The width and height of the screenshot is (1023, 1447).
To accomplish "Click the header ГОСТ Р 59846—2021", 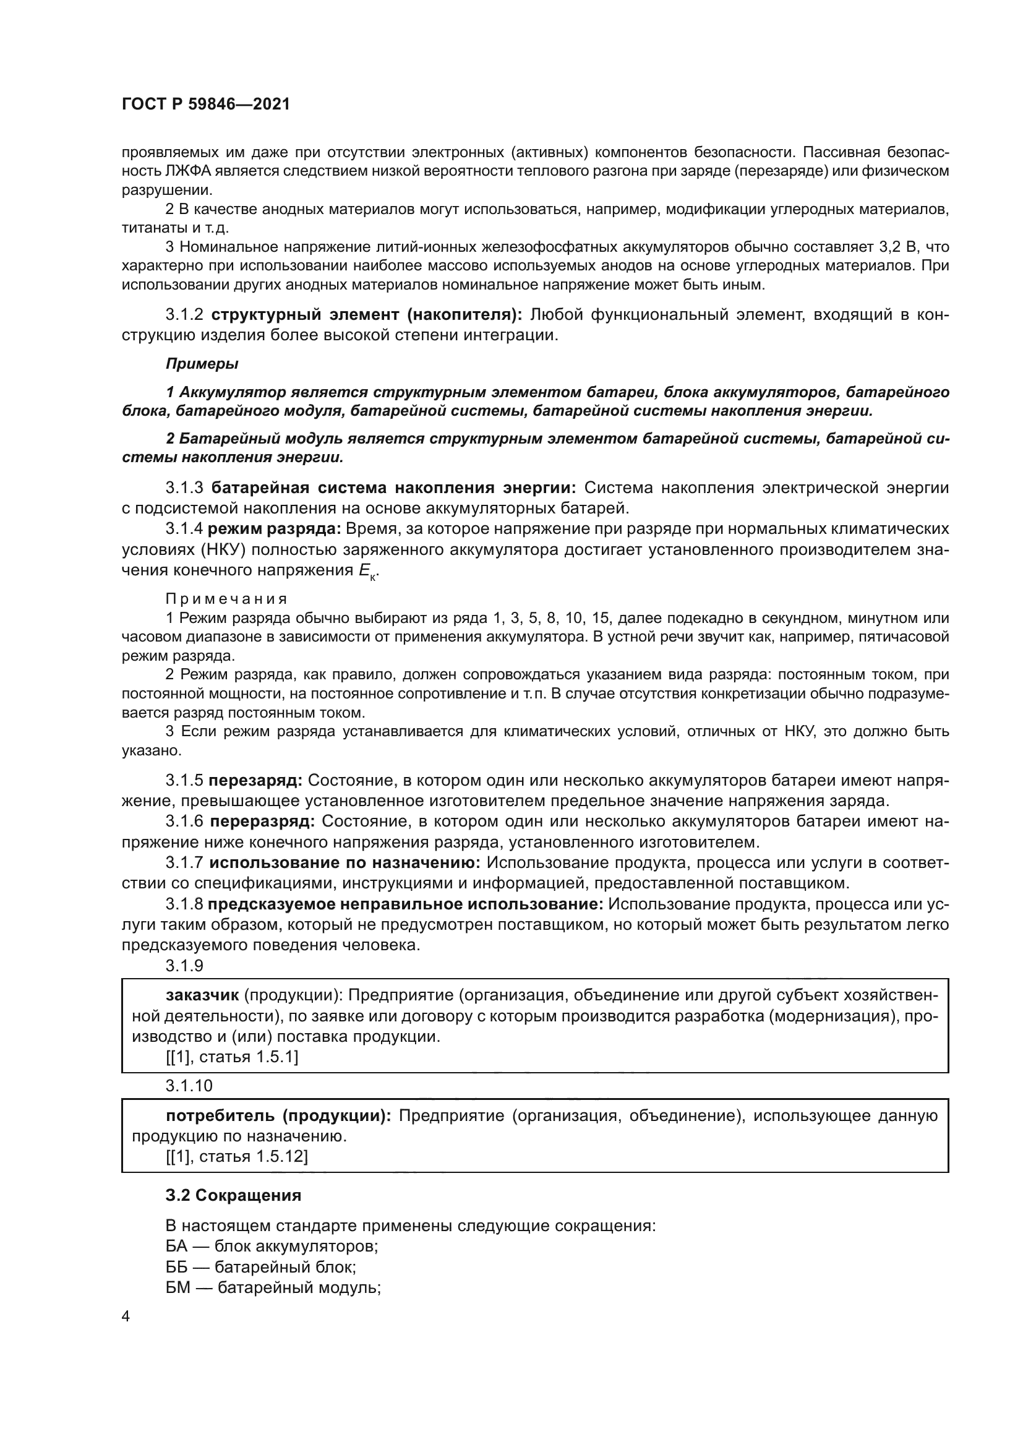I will click(206, 105).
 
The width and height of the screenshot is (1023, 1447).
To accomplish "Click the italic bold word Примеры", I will click(202, 364).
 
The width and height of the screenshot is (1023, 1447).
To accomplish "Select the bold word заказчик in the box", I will click(202, 995).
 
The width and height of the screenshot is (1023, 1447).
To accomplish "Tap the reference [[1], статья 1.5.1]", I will click(232, 1057).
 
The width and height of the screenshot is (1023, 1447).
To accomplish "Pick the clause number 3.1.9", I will click(184, 966).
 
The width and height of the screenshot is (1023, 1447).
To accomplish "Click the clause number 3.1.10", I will click(189, 1085).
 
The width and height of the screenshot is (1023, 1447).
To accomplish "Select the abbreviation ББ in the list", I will click(177, 1267).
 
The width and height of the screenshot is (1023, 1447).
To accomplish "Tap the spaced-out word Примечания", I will click(227, 599).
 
